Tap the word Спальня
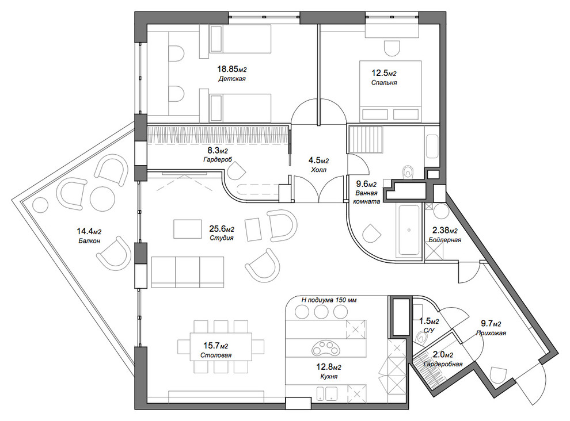384,82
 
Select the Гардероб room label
218,159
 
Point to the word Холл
319,170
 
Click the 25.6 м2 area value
222,229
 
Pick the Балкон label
89,240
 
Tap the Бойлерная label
444,240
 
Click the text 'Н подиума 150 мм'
329,300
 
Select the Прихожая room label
491,333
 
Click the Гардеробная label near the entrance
443,364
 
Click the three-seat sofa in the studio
187,272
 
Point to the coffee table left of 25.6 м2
188,229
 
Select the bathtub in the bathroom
409,230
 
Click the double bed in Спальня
390,91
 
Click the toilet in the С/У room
421,339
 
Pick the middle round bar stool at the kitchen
321,312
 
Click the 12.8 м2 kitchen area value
329,368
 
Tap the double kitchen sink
326,393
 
